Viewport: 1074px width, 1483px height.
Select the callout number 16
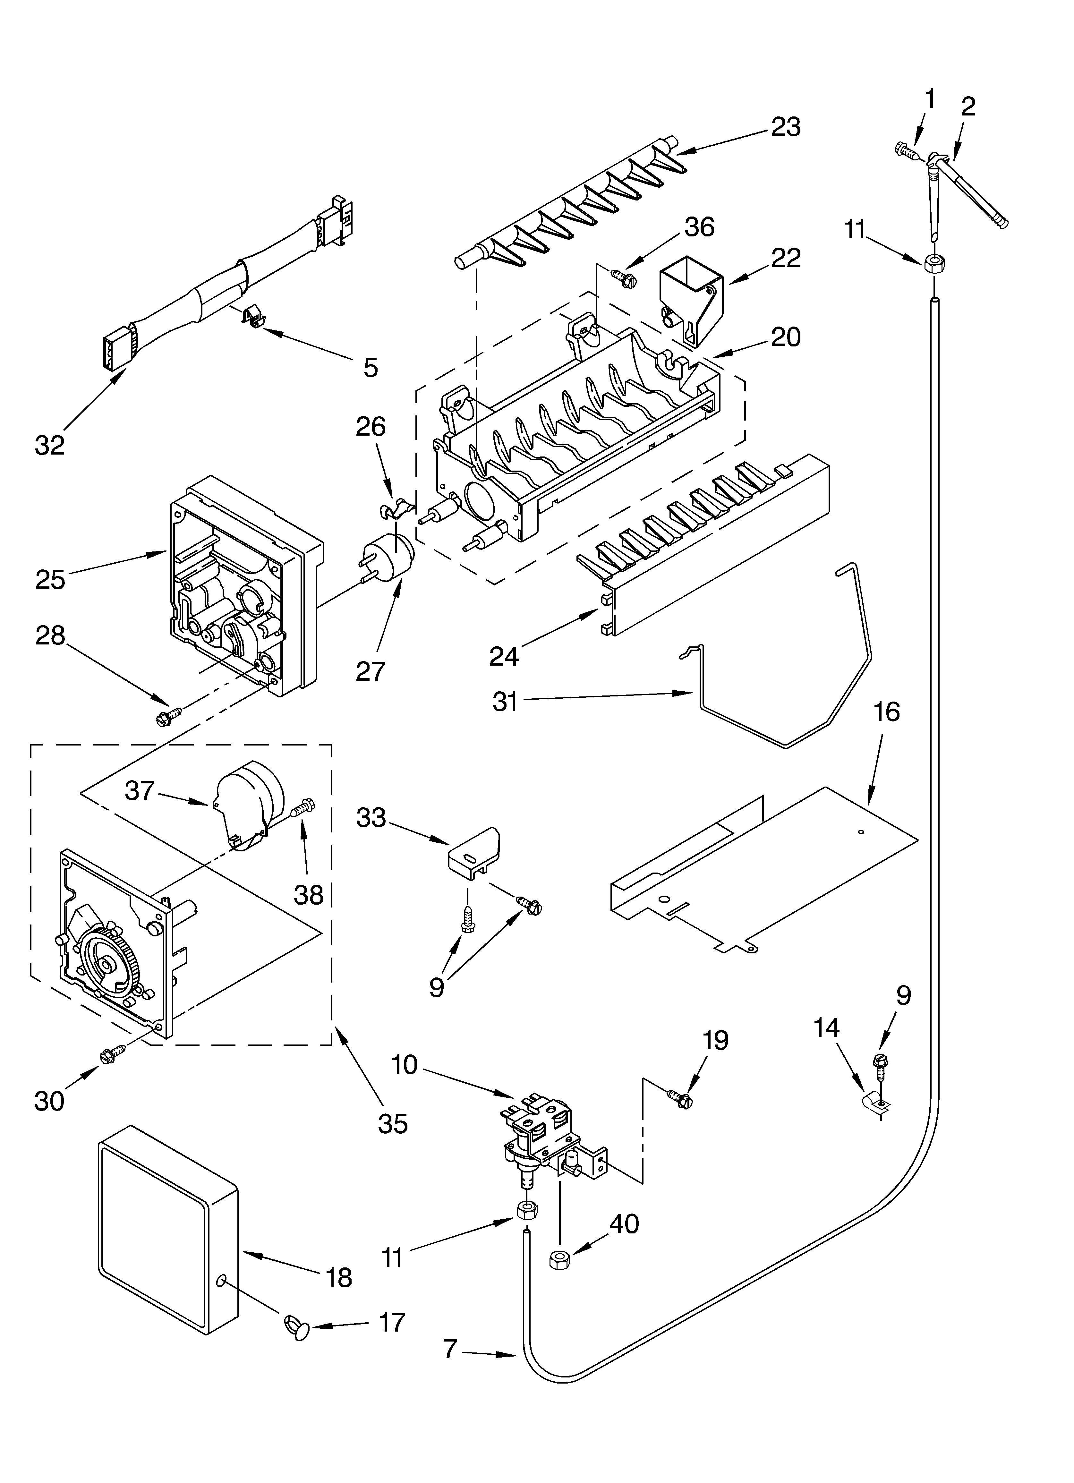(x=886, y=712)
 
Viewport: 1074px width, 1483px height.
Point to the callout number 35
(x=392, y=1123)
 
